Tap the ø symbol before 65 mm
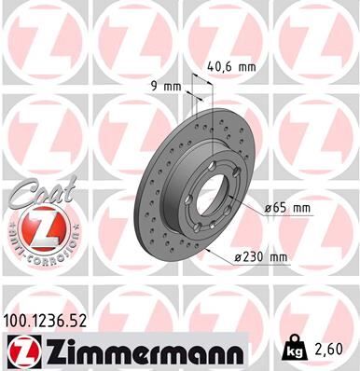(x=267, y=208)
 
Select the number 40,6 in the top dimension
(x=219, y=66)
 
